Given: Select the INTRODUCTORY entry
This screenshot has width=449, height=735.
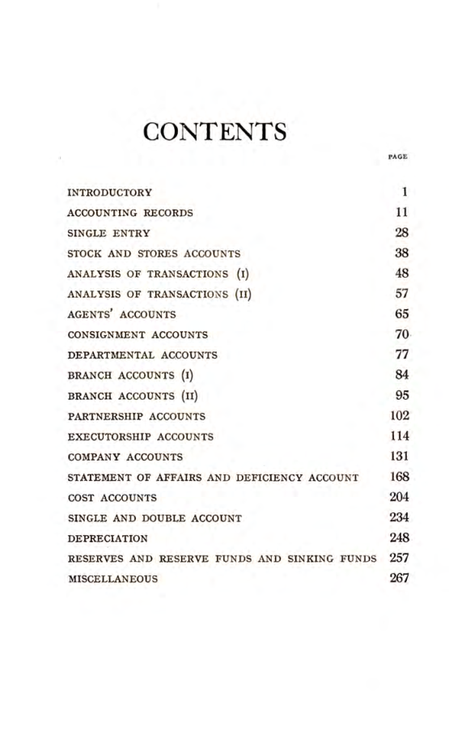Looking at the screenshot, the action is [109, 193].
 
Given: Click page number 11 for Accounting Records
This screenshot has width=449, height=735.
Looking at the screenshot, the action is [400, 213].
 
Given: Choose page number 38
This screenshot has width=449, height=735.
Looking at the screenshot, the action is [400, 253].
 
